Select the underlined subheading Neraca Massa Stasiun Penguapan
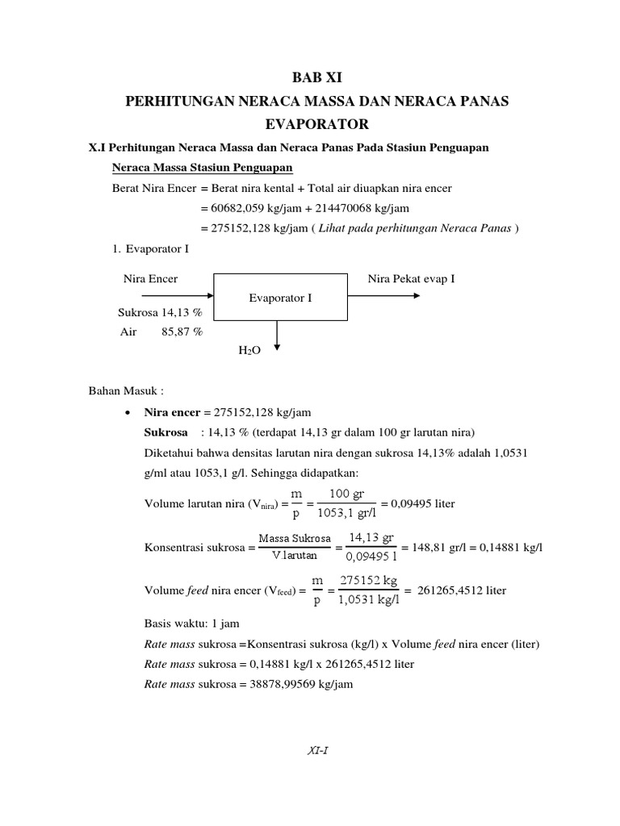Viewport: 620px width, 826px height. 202,168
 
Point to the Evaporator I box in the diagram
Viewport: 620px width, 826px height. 281,297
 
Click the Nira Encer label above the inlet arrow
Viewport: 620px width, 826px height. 150,278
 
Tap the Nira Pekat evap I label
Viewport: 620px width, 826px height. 412,278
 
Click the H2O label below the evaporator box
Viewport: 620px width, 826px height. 249,353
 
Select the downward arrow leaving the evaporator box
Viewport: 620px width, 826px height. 277,335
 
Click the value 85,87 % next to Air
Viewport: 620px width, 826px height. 182,331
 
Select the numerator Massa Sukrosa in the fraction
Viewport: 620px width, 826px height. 295,538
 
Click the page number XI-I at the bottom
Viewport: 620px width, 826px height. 316,749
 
